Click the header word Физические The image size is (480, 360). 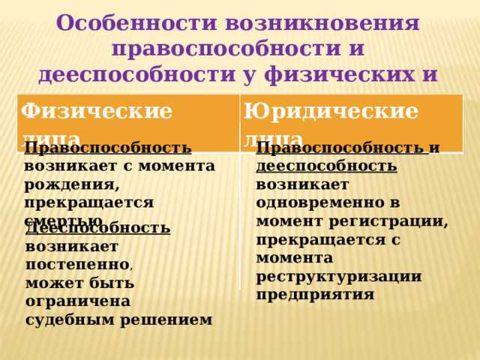pyautogui.click(x=97, y=112)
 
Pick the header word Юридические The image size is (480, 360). pyautogui.click(x=331, y=112)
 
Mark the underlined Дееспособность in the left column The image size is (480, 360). pyautogui.click(x=97, y=228)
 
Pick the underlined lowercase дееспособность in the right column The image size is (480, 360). pyautogui.click(x=326, y=166)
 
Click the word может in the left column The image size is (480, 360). pyautogui.click(x=49, y=283)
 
